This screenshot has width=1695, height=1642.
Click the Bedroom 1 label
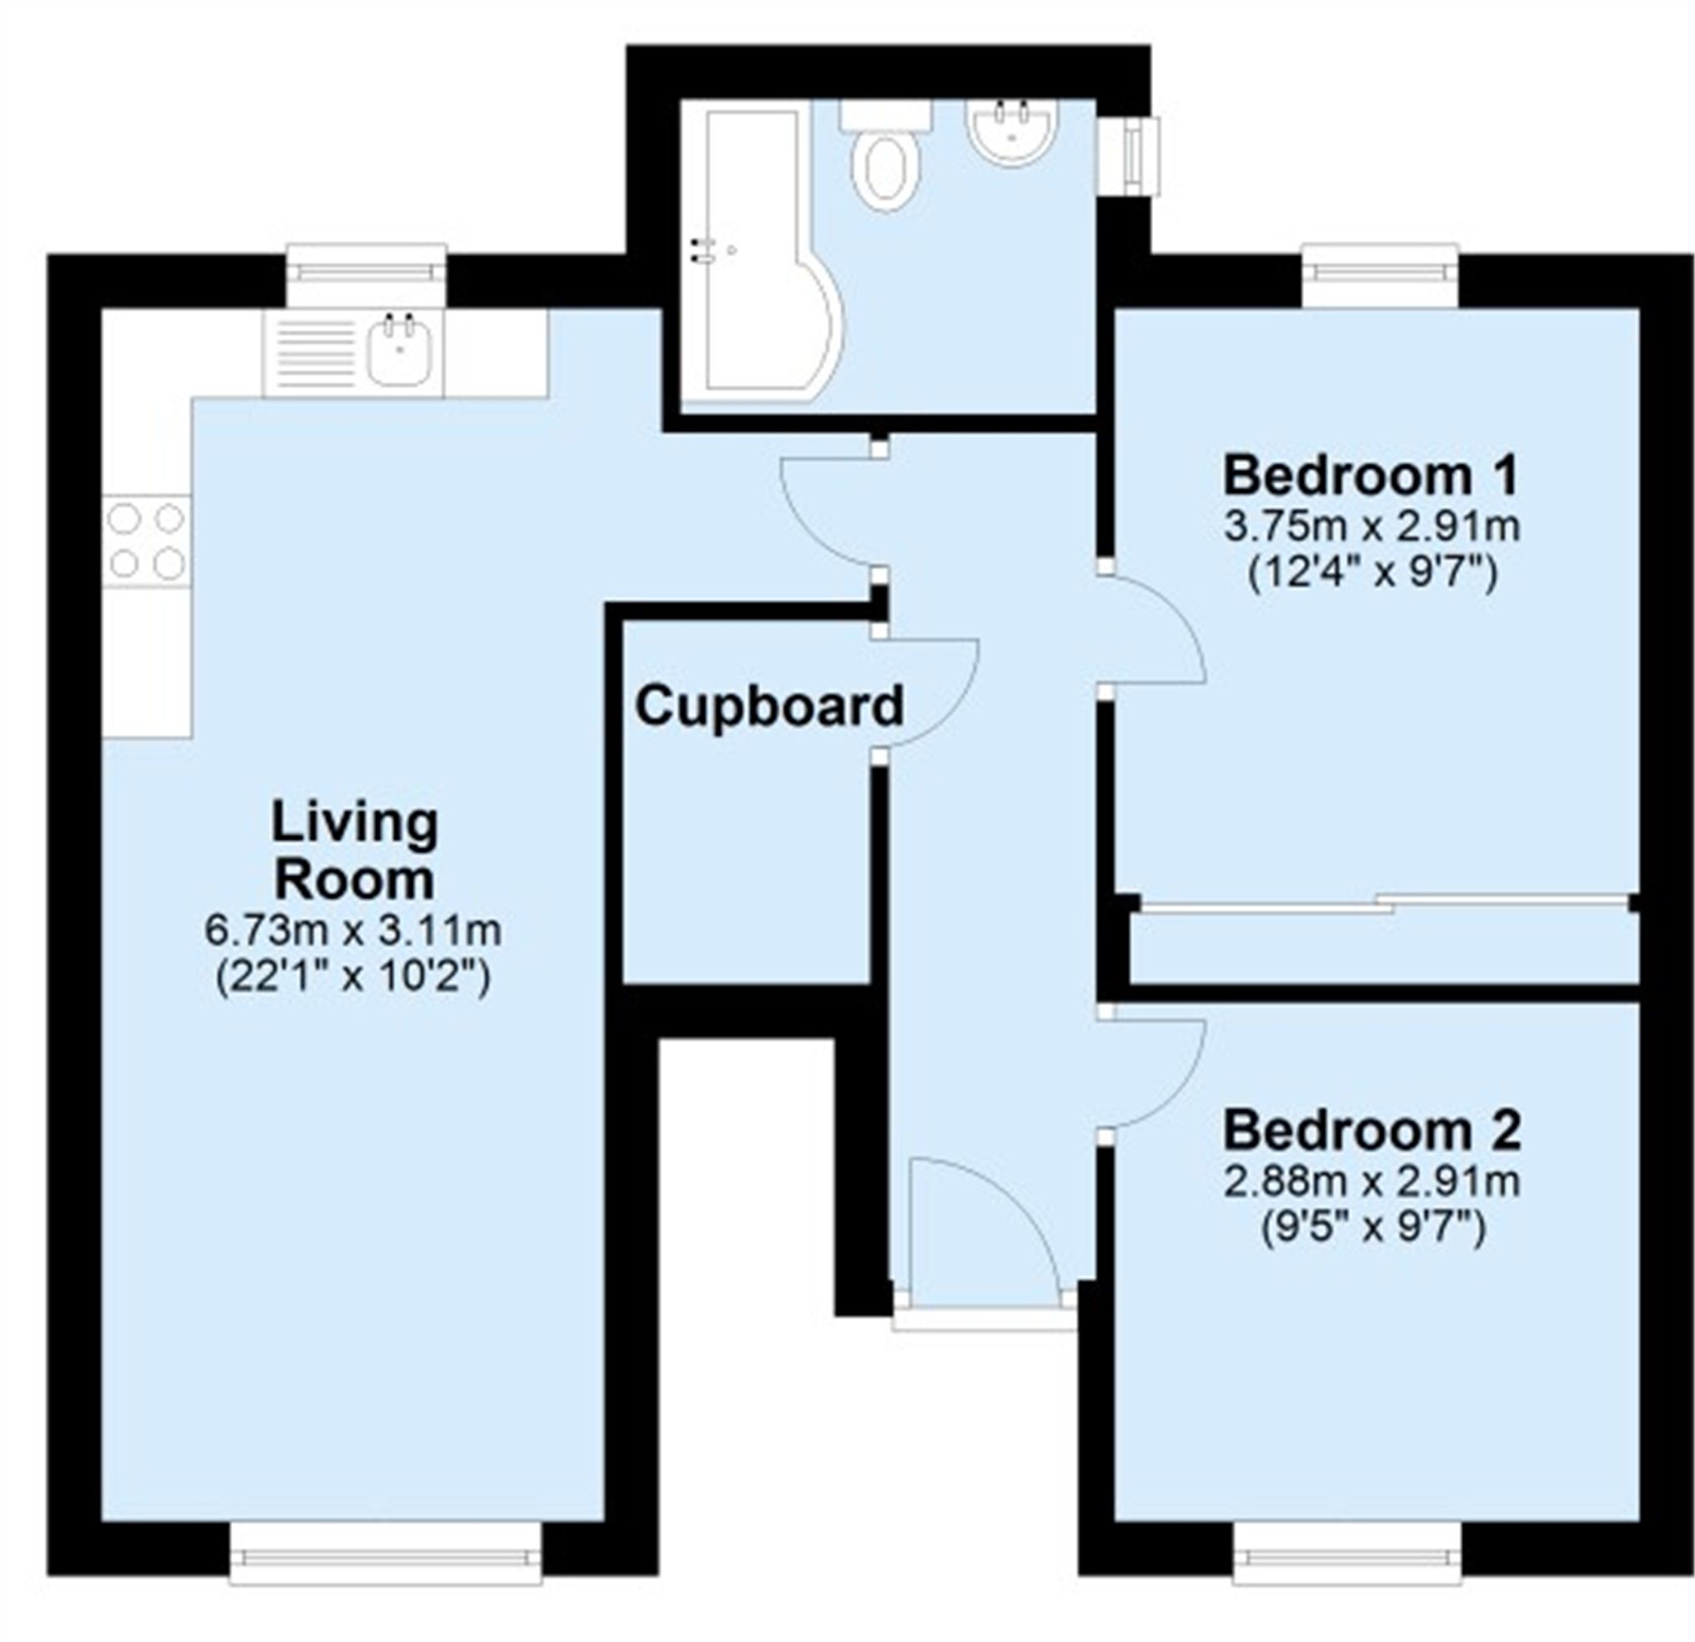click(x=1372, y=475)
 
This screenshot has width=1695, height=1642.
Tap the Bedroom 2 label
click(x=1372, y=1130)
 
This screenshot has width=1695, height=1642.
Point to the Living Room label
click(x=355, y=851)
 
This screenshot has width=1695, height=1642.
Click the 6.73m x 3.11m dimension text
click(x=353, y=931)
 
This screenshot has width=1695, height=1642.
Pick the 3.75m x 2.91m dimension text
click(x=1372, y=526)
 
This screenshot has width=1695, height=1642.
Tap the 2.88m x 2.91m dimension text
click(x=1372, y=1182)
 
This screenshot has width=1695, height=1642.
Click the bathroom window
click(x=1139, y=156)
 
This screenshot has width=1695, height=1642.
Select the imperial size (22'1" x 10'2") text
click(x=353, y=978)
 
